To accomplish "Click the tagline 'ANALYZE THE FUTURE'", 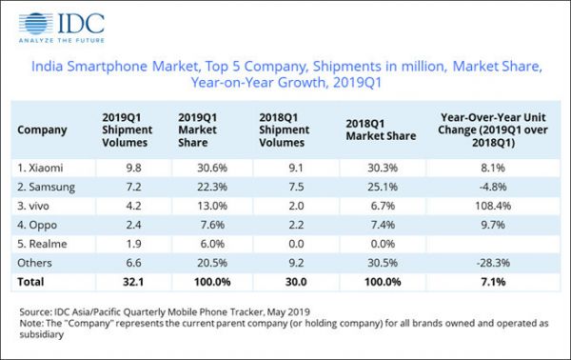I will click(60, 41).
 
